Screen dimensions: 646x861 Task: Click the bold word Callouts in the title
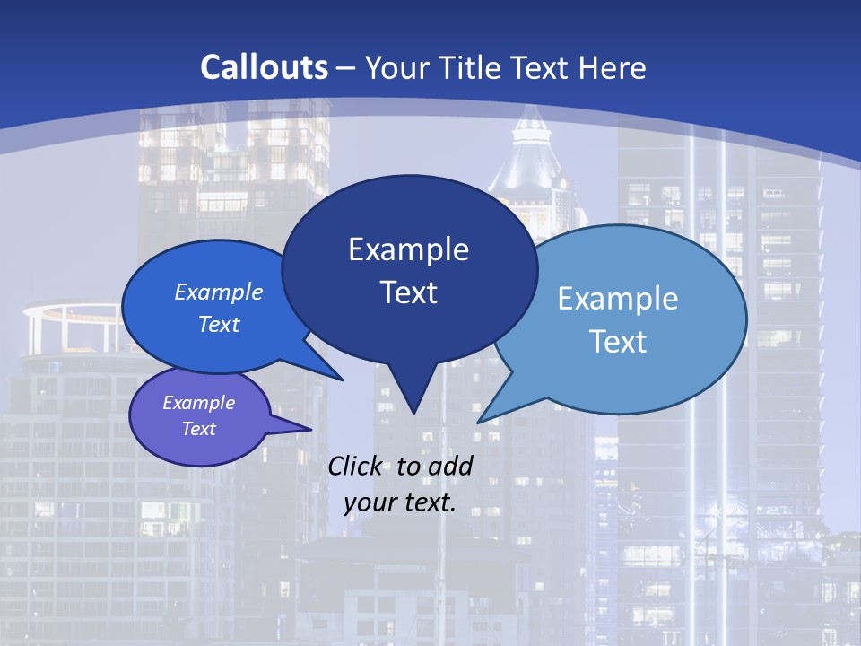(265, 67)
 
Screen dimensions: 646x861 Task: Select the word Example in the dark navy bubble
(408, 249)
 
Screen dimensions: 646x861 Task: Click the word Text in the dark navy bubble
(408, 292)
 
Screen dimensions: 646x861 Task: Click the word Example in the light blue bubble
(618, 299)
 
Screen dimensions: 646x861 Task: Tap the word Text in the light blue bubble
(618, 342)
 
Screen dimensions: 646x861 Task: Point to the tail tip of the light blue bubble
(479, 422)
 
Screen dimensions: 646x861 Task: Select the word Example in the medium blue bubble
(219, 292)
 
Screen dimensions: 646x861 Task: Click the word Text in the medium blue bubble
(219, 324)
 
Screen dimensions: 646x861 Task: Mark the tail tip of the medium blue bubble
(342, 380)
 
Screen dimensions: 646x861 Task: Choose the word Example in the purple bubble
(199, 403)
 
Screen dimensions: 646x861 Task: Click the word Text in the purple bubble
(199, 429)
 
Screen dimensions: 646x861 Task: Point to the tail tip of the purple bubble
(310, 430)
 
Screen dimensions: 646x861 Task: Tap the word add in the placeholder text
(449, 466)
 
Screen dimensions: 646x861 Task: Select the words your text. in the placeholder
(400, 502)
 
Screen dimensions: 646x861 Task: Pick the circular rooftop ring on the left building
(72, 313)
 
